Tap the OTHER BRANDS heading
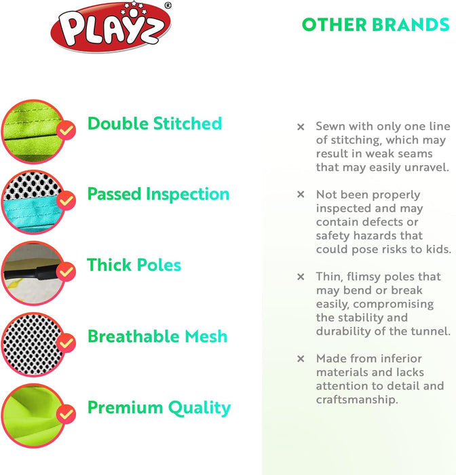click(x=375, y=25)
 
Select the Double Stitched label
click(x=155, y=123)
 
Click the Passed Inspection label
click(x=158, y=194)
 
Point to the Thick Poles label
click(x=134, y=265)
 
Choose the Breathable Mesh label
click(x=157, y=337)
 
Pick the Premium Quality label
click(x=159, y=408)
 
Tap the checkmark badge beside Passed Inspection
click(x=66, y=200)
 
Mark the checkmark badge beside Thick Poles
click(x=66, y=271)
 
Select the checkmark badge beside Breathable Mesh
click(x=66, y=343)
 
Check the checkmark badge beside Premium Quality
click(x=66, y=413)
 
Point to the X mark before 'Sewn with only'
click(x=301, y=127)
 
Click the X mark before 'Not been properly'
click(x=301, y=195)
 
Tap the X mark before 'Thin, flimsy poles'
click(x=301, y=277)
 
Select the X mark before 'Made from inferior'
click(x=301, y=358)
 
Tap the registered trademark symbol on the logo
click(x=168, y=5)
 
